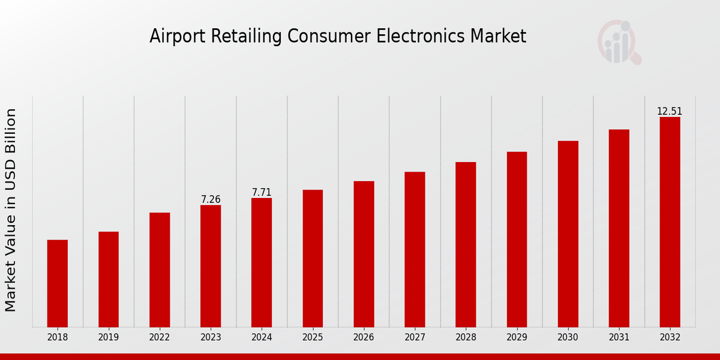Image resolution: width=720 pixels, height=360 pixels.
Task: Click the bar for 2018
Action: coord(58,283)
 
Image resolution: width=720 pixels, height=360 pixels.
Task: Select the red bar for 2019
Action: coord(109,279)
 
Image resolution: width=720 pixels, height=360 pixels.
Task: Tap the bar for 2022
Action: coord(160,269)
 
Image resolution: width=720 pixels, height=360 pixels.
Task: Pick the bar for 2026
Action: coord(364,254)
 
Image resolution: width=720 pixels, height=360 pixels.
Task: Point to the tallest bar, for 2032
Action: coord(670,222)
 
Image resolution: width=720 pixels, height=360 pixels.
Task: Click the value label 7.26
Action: coord(211,199)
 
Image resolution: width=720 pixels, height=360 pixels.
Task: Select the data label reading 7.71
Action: coord(262,192)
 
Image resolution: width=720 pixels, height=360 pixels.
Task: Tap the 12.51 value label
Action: coord(670,111)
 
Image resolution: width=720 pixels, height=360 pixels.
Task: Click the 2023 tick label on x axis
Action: coord(211,338)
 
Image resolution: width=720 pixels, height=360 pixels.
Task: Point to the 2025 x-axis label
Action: coord(313,338)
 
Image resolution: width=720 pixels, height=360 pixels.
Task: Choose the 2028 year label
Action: coord(466,338)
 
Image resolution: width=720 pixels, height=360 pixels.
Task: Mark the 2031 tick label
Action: coord(619,338)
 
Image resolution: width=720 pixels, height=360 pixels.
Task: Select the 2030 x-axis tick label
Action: coord(568,338)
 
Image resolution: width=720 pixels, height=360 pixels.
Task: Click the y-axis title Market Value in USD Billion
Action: coord(11,210)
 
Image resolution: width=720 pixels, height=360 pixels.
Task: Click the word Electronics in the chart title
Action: coord(416,37)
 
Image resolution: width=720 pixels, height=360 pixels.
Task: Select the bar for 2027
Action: coord(415,249)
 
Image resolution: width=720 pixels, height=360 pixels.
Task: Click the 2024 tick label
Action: coord(262,338)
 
